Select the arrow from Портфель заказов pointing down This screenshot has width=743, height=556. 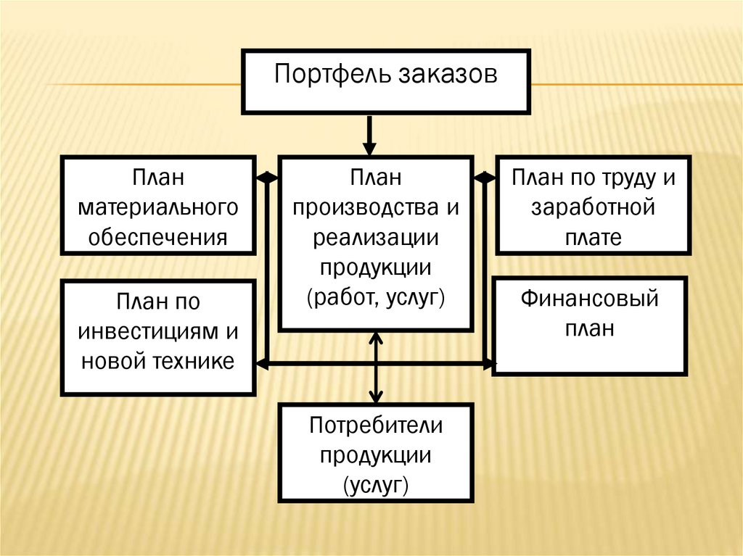[x=370, y=136]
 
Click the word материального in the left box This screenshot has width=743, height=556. [x=158, y=208]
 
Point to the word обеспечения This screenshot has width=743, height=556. [x=158, y=237]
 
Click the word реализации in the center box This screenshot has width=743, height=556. [x=376, y=238]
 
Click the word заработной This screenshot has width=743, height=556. [x=591, y=208]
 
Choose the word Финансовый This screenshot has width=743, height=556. [x=590, y=299]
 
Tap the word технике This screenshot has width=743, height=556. [x=192, y=360]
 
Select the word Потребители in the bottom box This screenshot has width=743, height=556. [x=376, y=426]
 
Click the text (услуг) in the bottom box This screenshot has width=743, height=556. [x=376, y=484]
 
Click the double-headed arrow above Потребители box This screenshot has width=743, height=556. [x=376, y=368]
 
